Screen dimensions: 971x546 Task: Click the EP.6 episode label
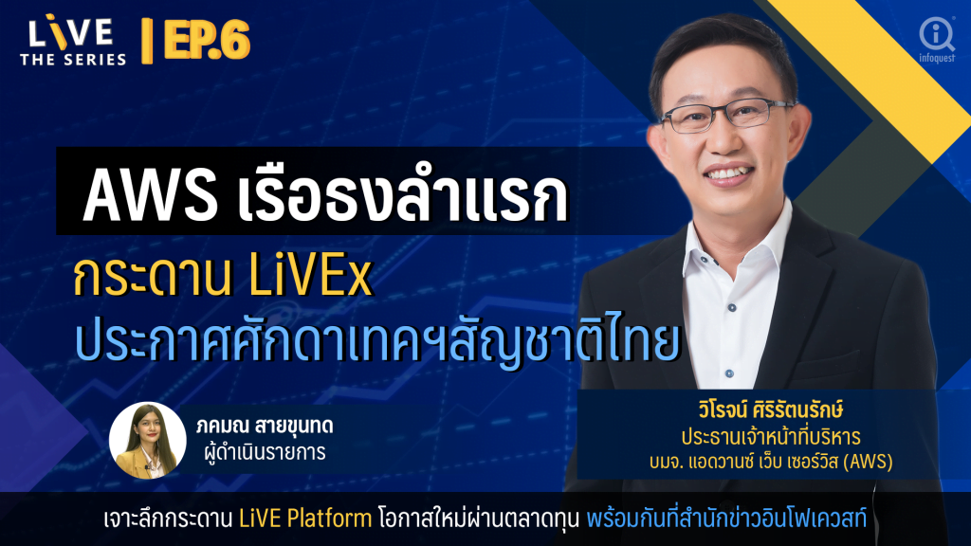point(207,40)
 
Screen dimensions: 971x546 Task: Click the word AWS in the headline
point(150,196)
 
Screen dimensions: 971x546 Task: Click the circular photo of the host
point(147,440)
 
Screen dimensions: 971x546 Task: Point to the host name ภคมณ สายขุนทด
point(265,426)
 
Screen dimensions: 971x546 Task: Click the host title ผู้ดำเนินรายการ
point(265,452)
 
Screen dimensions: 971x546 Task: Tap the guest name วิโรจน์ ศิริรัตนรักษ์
point(770,409)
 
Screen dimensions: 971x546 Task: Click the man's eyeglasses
point(725,116)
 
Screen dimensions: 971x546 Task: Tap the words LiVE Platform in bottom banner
point(305,519)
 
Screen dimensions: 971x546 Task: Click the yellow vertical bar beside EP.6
point(147,41)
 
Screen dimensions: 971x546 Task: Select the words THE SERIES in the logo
point(73,60)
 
